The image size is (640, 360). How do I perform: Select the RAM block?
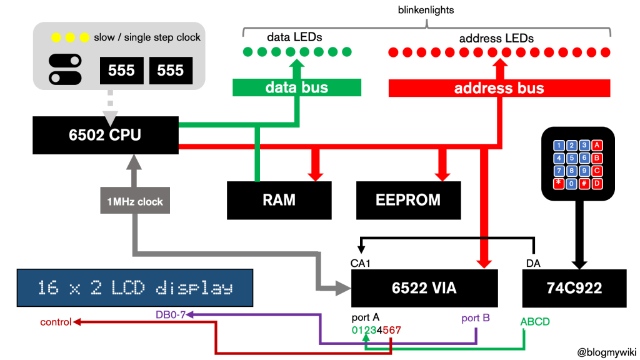(x=279, y=200)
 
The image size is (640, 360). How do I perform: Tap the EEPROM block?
(x=408, y=200)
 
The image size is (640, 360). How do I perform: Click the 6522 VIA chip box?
(x=424, y=288)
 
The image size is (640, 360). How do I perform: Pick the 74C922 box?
(x=574, y=288)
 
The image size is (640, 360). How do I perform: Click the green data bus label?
(x=297, y=87)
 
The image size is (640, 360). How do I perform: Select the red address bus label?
(x=499, y=87)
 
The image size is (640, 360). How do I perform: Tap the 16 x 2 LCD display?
(x=135, y=288)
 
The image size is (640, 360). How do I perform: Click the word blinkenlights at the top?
(x=426, y=10)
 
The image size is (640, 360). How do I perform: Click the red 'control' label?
(x=55, y=322)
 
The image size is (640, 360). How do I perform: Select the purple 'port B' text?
(x=475, y=317)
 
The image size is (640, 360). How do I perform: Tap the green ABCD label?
(x=536, y=322)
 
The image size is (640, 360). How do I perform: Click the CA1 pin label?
(x=361, y=262)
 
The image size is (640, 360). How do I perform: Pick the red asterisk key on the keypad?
(x=557, y=183)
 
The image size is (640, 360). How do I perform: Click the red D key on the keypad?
(x=597, y=183)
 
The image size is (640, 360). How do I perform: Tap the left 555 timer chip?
(x=121, y=71)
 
